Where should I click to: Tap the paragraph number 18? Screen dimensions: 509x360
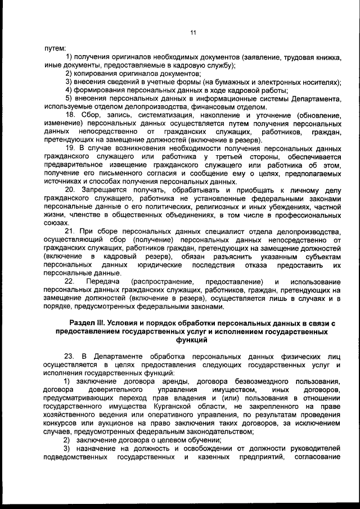pyautogui.click(x=70, y=115)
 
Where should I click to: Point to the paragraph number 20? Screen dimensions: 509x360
pyautogui.click(x=70, y=191)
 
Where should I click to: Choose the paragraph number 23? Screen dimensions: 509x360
pyautogui.click(x=70, y=357)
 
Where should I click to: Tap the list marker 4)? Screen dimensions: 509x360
pyautogui.click(x=69, y=90)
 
